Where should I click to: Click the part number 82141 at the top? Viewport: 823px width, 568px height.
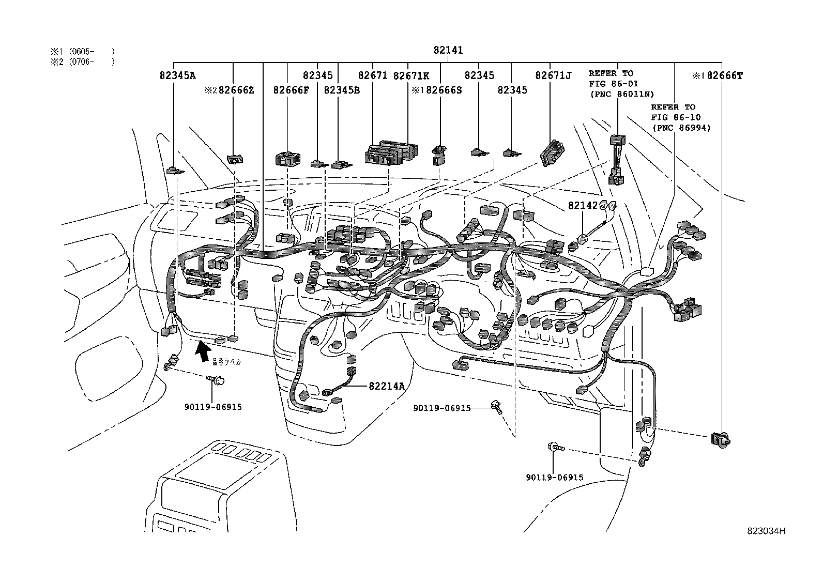point(448,51)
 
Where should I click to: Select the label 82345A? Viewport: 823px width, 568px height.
point(177,75)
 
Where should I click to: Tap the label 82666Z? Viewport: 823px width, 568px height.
point(236,90)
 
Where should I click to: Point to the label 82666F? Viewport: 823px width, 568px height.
point(291,90)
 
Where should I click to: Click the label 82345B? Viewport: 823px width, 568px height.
point(341,90)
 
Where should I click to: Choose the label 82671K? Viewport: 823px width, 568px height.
point(411,75)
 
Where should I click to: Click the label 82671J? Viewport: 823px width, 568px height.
point(553,75)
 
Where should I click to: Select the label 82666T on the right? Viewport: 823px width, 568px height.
point(724,75)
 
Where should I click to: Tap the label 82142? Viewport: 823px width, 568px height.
point(583,205)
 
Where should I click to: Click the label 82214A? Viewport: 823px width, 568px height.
point(387,386)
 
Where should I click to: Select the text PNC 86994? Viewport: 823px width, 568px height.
point(681,127)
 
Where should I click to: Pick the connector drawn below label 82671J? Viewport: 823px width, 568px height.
point(552,153)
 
